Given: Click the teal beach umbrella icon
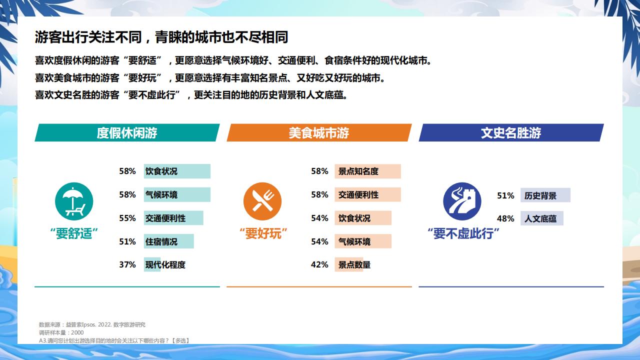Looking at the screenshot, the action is tap(74, 201).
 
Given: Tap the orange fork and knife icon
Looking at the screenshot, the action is tap(262, 201).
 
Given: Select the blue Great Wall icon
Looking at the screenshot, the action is tap(462, 201).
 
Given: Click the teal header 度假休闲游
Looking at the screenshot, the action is tap(127, 132).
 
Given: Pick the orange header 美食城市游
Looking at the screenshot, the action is tap(319, 132).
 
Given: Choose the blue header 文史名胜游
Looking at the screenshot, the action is tap(511, 132).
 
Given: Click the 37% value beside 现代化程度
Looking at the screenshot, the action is tap(127, 264).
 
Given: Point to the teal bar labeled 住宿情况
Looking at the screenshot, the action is tap(169, 241).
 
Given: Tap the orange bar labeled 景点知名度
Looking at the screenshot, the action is tap(367, 171).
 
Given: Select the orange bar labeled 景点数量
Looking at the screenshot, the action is tap(349, 264).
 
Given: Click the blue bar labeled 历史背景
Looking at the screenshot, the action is tap(545, 195).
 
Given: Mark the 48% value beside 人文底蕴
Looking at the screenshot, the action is tap(505, 218).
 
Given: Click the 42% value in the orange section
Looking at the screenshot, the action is tap(319, 264).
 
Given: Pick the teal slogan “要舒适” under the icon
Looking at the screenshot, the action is tap(74, 233).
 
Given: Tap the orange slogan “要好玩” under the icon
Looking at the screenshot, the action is tap(263, 233).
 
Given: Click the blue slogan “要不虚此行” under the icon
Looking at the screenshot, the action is tap(463, 233).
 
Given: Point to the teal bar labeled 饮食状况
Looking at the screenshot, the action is tap(177, 171).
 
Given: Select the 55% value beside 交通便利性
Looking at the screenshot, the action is tap(127, 218).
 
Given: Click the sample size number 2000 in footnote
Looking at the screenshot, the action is tap(77, 332).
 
